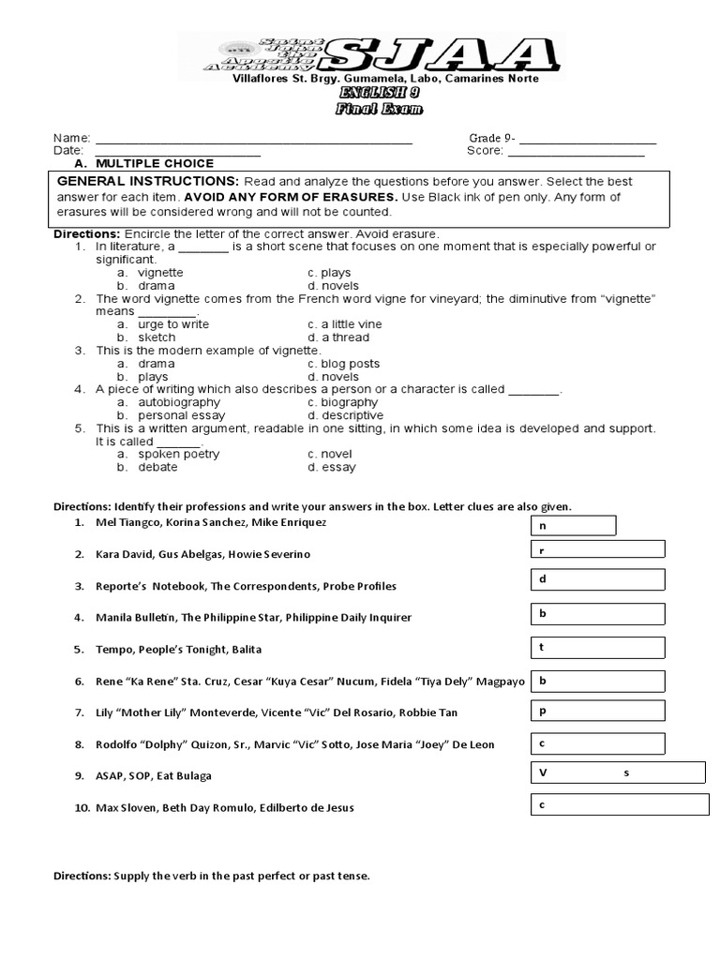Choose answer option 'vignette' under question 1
160,272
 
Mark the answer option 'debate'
157,467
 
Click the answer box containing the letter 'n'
574,525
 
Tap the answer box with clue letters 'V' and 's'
618,772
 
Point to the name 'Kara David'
121,554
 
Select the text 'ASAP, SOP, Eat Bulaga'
154,775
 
